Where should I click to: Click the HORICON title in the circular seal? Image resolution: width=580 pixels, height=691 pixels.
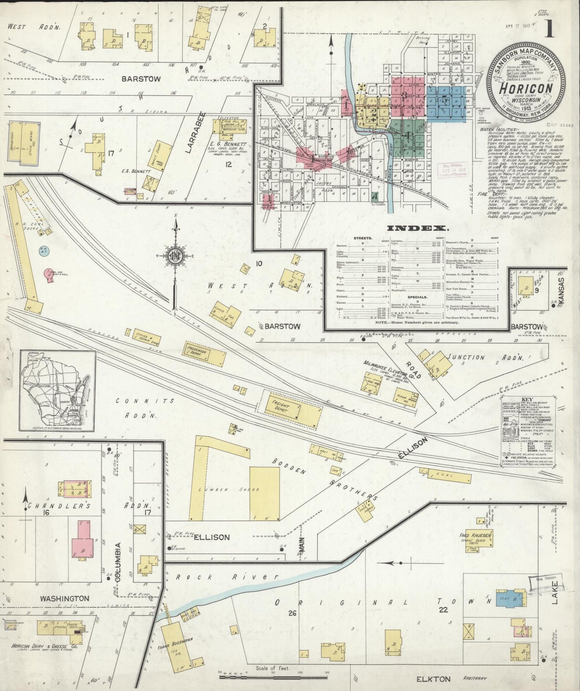coord(526,89)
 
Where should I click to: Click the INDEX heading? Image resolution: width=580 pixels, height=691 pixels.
coord(417,228)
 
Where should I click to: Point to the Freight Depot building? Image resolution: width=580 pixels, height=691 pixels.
coord(292,410)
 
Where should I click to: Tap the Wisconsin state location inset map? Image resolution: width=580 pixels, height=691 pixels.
coord(57,391)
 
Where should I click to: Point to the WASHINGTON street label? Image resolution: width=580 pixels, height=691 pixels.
coord(64,598)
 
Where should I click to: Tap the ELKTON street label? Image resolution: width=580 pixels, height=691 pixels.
coord(433,679)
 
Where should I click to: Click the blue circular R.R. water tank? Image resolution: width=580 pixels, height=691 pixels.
coord(44,251)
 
